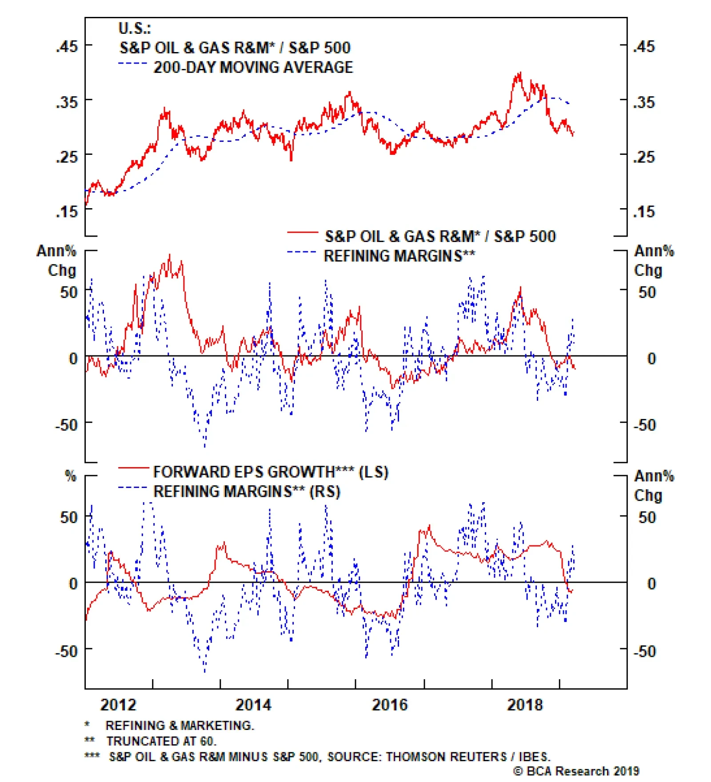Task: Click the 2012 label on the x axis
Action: coord(118,705)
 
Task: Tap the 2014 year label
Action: coord(253,705)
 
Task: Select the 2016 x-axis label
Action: coord(389,705)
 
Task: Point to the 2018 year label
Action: coord(525,705)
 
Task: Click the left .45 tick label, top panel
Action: coord(67,46)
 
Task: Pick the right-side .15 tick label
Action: coord(644,212)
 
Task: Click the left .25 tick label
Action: coord(67,157)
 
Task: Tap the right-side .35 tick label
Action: coord(644,102)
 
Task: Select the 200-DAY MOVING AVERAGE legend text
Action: coord(253,68)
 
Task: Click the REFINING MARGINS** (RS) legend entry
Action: coord(247,492)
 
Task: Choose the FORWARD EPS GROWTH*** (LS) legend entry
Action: coord(271,472)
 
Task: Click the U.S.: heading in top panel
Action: coord(135,28)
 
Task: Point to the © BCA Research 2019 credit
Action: coord(576,771)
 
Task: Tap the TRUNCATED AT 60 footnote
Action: coord(161,741)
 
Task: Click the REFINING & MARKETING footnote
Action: coord(180,726)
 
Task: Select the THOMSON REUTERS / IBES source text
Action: coord(467,757)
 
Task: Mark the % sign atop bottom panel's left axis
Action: coord(71,476)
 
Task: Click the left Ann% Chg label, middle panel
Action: coord(57,261)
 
